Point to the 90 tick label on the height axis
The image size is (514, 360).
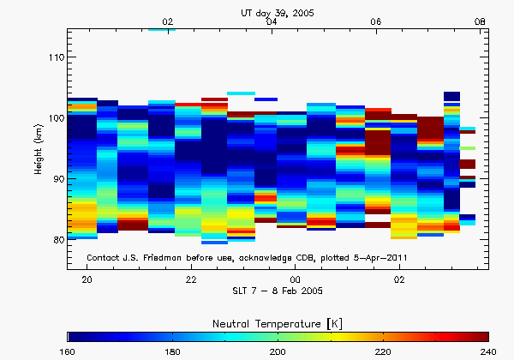tap(56, 179)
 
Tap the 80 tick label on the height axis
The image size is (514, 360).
tap(56, 240)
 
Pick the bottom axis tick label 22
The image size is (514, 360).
tap(191, 280)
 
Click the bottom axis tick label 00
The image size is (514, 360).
tap(295, 280)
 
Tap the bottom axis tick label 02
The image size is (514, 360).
tap(399, 280)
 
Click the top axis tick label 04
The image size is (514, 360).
tap(272, 21)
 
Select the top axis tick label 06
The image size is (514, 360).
tap(375, 21)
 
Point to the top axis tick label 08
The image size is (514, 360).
tap(480, 21)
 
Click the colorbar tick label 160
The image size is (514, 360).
tap(69, 351)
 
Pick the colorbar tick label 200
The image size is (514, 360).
tap(278, 351)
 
